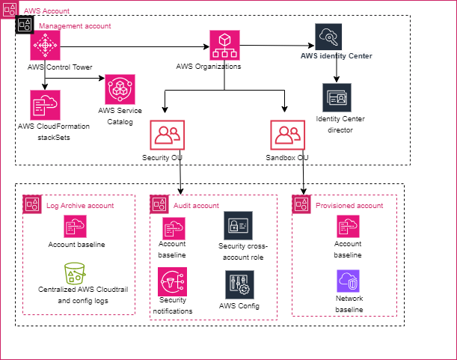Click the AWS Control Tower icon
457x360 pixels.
pos(45,46)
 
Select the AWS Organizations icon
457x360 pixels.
pos(224,46)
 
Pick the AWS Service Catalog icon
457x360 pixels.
pos(120,89)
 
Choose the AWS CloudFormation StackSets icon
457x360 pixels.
pos(45,105)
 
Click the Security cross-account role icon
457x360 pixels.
pos(239,225)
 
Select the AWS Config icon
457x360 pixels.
pos(239,284)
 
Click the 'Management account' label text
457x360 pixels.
pos(74,25)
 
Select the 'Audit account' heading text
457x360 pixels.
pos(196,205)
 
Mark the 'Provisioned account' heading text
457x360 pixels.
pos(349,205)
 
